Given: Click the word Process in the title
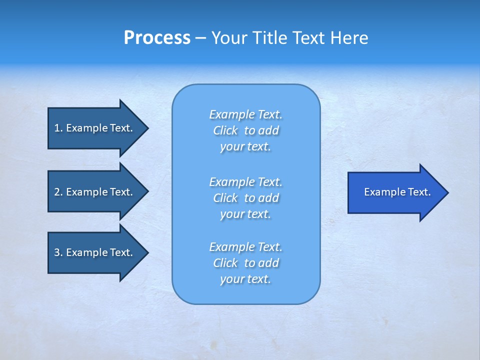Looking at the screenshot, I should click(x=157, y=38).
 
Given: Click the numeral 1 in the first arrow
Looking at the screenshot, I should click(x=57, y=128).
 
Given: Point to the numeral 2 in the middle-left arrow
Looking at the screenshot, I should click(x=57, y=192).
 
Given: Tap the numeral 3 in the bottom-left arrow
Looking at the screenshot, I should click(x=57, y=252).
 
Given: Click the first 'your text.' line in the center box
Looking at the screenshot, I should click(x=245, y=147).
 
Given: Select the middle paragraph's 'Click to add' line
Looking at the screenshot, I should click(x=245, y=198).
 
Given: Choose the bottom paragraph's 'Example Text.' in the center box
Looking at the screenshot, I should click(x=245, y=247).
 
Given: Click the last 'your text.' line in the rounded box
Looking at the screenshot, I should click(x=245, y=279).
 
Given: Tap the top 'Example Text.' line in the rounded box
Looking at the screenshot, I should click(x=245, y=114).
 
